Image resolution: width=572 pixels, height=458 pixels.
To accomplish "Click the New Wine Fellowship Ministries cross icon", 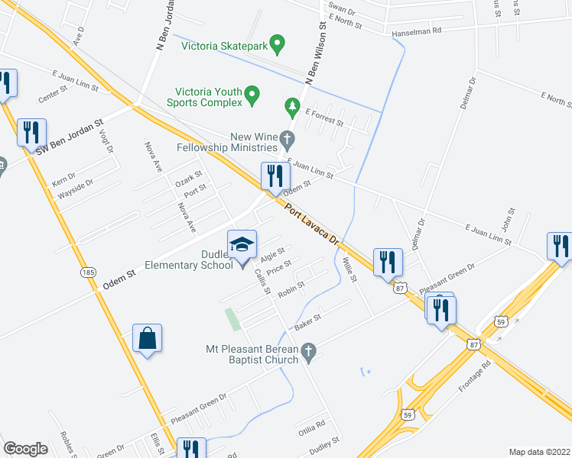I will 288,139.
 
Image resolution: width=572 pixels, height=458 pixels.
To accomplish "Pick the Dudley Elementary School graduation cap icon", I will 242,245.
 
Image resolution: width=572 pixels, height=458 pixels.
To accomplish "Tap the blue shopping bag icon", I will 147,338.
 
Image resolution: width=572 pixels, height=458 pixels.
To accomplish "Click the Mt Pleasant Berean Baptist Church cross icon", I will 308,352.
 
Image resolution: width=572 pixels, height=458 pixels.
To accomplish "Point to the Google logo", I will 25,449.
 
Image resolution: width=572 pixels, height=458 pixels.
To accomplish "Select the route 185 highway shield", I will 89,271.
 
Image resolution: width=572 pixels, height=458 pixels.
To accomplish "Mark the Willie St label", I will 349,268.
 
